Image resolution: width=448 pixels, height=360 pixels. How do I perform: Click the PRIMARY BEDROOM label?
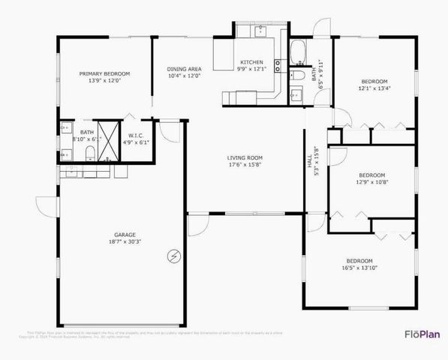click(105, 73)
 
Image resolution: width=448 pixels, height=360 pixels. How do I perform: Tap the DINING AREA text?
click(184, 69)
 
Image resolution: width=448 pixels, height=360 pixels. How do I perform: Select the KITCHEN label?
click(251, 61)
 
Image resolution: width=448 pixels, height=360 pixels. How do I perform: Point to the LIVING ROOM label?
click(245, 157)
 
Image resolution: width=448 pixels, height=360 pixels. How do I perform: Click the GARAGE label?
click(120, 235)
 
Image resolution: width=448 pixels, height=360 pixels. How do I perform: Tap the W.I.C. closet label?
click(135, 135)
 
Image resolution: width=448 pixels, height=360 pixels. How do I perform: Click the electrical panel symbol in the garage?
click(174, 256)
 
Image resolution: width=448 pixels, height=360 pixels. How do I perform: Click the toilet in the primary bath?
click(89, 154)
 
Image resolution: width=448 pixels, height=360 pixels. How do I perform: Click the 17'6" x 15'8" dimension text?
click(245, 166)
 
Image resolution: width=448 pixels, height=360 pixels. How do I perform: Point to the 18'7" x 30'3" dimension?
click(120, 242)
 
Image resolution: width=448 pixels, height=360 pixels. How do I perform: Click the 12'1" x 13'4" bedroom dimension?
click(374, 88)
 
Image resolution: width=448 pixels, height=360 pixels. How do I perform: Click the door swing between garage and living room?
click(197, 225)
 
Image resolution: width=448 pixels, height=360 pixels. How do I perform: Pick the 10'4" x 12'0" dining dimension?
click(184, 76)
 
